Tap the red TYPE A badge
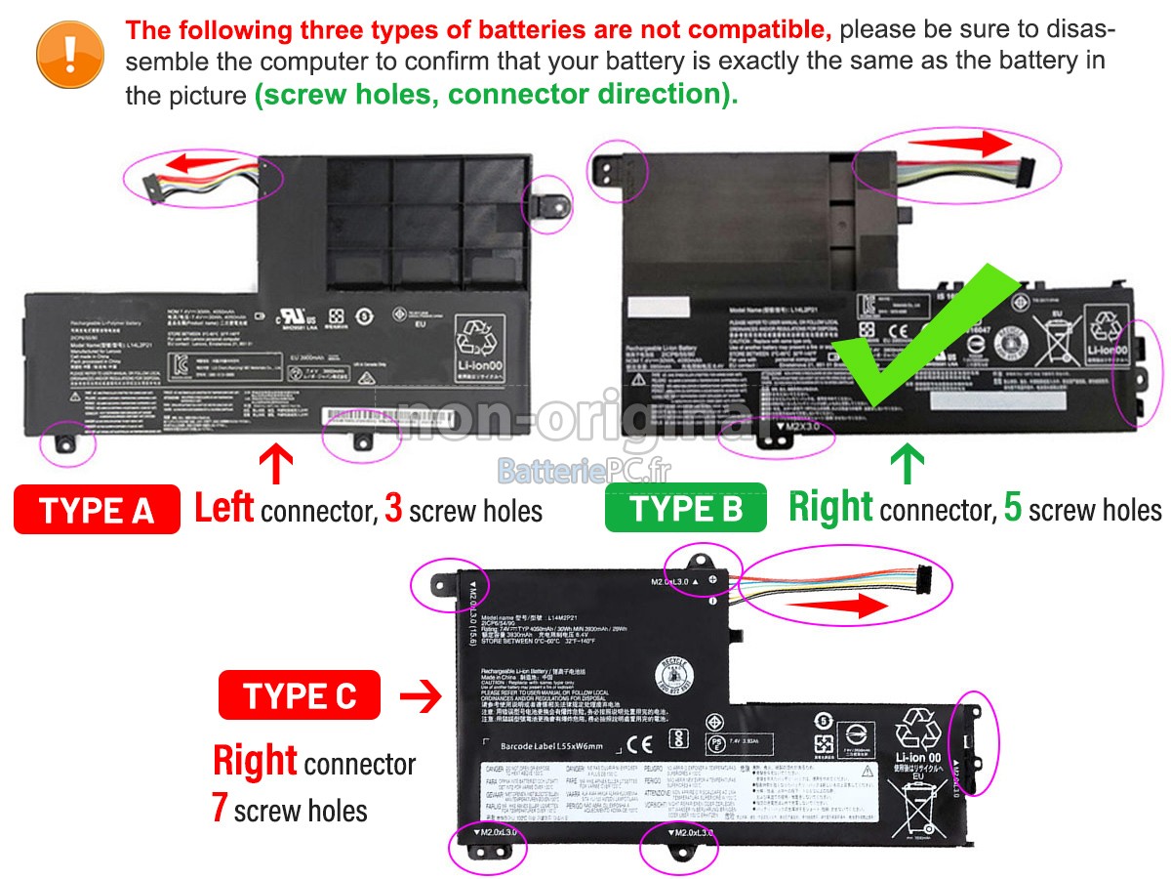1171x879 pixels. pyautogui.click(x=97, y=510)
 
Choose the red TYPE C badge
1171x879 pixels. pyautogui.click(x=300, y=696)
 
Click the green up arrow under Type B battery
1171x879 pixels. pyautogui.click(x=908, y=464)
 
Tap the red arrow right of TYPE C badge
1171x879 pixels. pyautogui.click(x=422, y=696)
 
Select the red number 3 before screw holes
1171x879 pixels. pyautogui.click(x=393, y=509)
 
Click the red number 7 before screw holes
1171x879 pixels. pyautogui.click(x=221, y=808)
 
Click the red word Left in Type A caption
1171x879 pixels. pyautogui.click(x=224, y=508)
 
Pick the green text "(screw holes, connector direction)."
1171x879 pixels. pyautogui.click(x=496, y=95)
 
